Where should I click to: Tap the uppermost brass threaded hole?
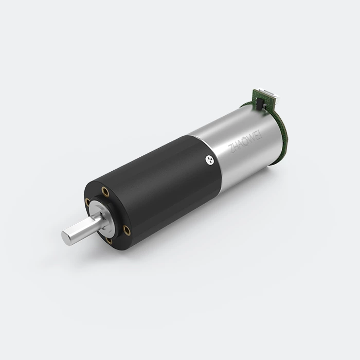(x=105, y=192)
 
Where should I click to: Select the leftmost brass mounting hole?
(x=87, y=202)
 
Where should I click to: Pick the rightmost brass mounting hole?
(x=127, y=230)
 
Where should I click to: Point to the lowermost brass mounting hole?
(x=109, y=241)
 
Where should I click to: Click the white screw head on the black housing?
(x=210, y=159)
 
